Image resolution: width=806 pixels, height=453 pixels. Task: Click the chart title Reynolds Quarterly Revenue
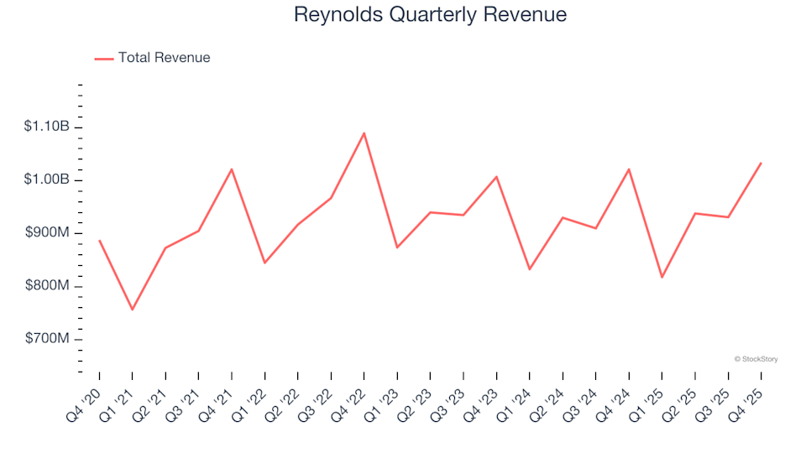[x=430, y=15]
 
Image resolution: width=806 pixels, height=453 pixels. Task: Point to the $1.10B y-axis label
[x=47, y=127]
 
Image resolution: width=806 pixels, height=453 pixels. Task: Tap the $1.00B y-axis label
[x=47, y=180]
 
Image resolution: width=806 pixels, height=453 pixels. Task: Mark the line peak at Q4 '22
[x=364, y=133]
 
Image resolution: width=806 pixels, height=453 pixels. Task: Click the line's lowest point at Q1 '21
[x=132, y=310]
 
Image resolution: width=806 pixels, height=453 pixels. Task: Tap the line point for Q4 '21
[x=231, y=169]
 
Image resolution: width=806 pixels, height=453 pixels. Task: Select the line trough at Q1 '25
[x=662, y=277]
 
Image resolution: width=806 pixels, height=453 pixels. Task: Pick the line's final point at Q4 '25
[x=761, y=163]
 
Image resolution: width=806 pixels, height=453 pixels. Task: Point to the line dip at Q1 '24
[x=529, y=269]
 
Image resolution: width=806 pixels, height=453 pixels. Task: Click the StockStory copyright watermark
[x=756, y=359]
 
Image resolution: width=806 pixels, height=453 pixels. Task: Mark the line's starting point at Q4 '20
[x=99, y=241]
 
